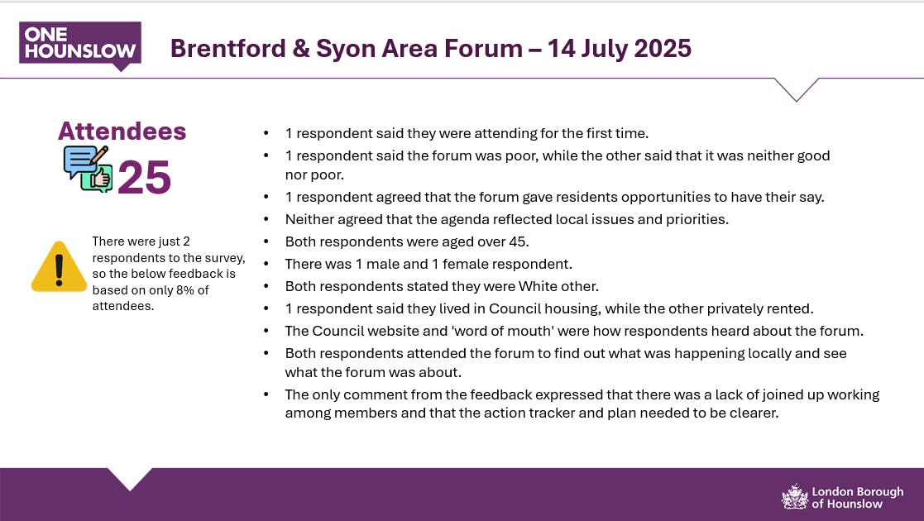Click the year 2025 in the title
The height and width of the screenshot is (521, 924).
pos(663,48)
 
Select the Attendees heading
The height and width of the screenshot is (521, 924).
pos(122,131)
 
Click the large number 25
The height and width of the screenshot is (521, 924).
pos(144,177)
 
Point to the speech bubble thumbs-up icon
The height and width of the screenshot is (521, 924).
pos(88,169)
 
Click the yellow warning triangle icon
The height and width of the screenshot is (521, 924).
pos(59,266)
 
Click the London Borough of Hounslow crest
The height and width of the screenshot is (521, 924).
pos(794,496)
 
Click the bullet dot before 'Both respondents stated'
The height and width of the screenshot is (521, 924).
pos(266,286)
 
